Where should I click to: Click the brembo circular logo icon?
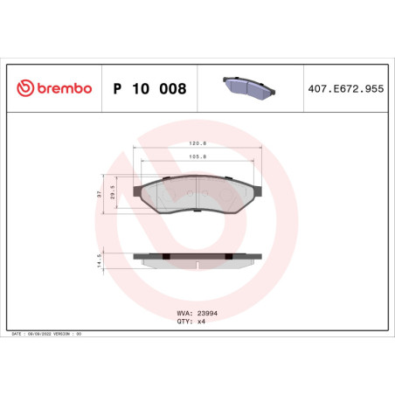[x=25, y=89]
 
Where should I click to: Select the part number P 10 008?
[x=149, y=89]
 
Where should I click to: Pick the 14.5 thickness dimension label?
[x=100, y=260]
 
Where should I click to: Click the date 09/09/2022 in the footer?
[x=41, y=335]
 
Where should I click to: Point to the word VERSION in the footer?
[x=65, y=335]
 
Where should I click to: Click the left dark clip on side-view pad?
[x=164, y=257]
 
